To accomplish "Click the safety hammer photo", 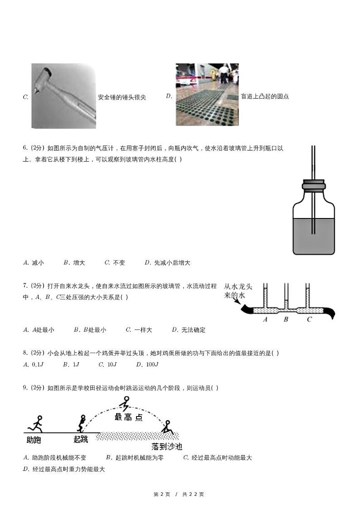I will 63,96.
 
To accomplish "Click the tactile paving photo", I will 207,95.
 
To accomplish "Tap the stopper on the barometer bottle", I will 313,185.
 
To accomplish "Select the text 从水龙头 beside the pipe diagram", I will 241,287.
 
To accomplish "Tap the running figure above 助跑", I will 36,423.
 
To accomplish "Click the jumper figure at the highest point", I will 125,403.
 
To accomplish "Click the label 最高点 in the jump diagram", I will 128,417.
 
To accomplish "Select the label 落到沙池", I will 167,446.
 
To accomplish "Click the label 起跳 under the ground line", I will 81,439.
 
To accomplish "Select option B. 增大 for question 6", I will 74,262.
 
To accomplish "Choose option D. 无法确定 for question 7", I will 189,330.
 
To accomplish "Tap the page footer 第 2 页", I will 162,494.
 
